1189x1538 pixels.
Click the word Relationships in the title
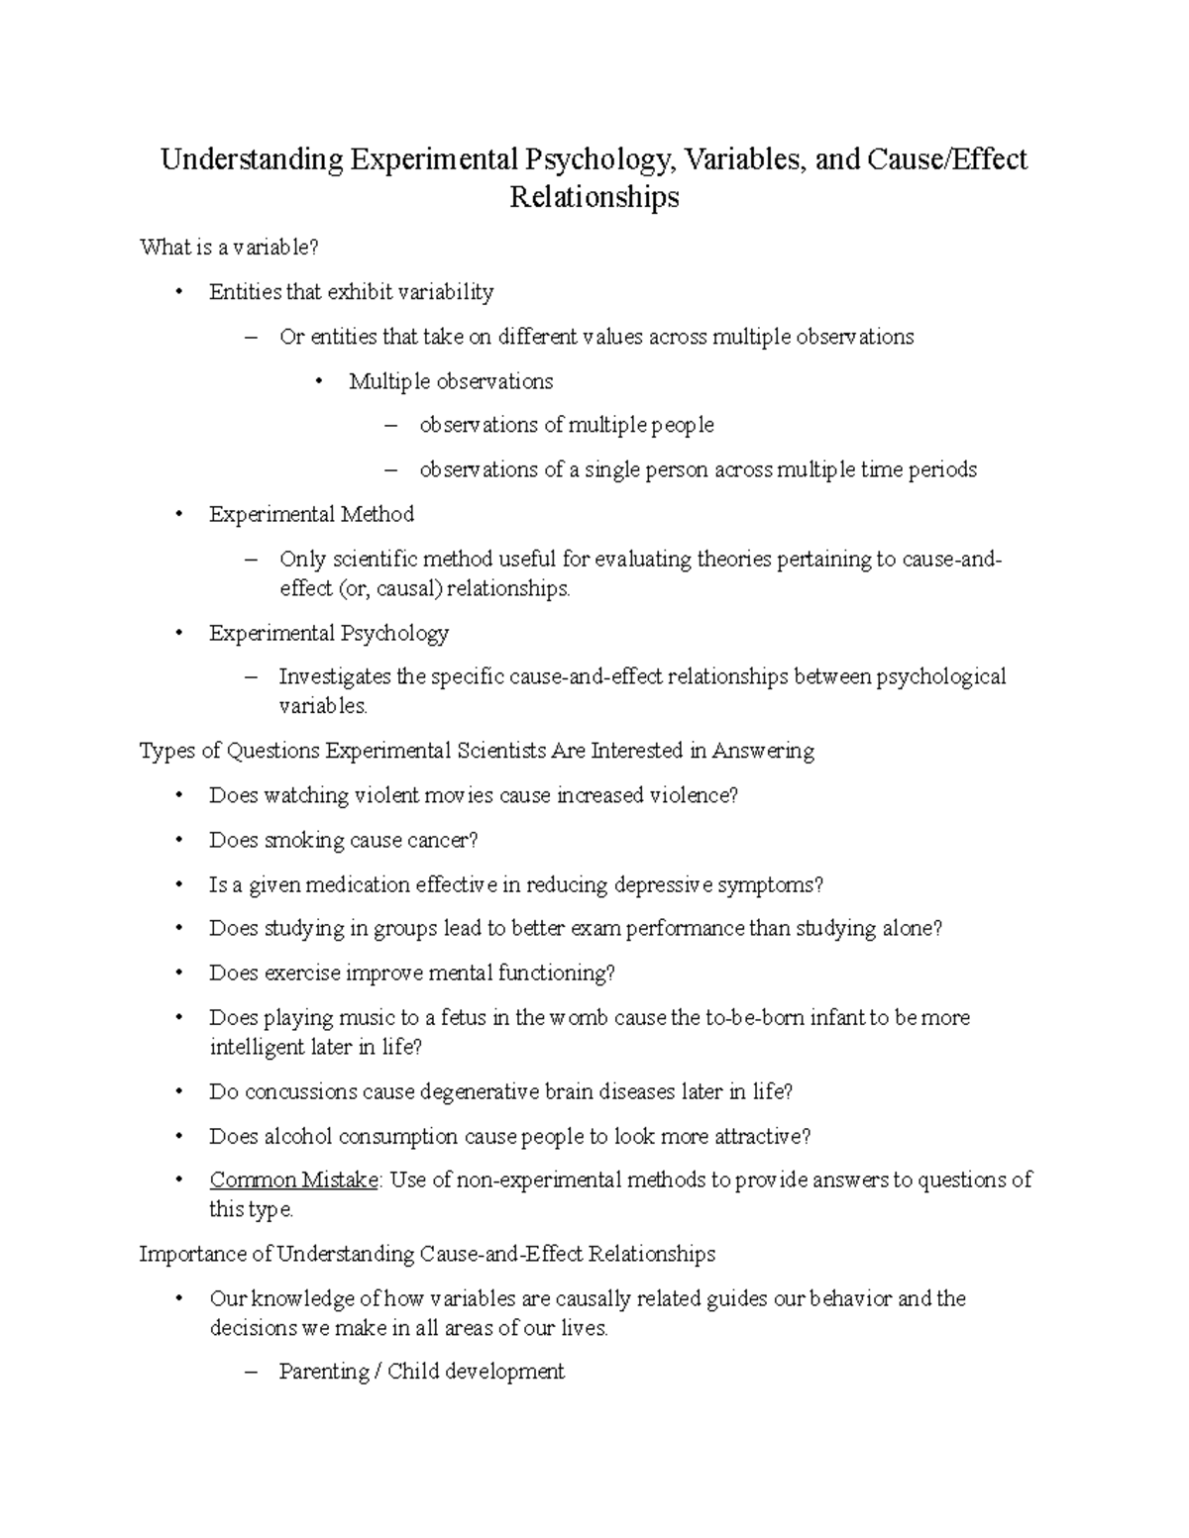tap(594, 197)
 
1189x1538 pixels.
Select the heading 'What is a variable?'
tap(230, 248)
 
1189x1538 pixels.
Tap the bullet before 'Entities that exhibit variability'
tap(178, 292)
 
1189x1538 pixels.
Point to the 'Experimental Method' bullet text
tap(311, 514)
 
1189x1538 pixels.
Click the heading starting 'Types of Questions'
tap(477, 751)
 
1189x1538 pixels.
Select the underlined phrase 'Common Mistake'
tap(293, 1179)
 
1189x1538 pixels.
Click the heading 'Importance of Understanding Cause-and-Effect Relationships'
tap(427, 1254)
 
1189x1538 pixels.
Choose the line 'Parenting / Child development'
tap(421, 1372)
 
